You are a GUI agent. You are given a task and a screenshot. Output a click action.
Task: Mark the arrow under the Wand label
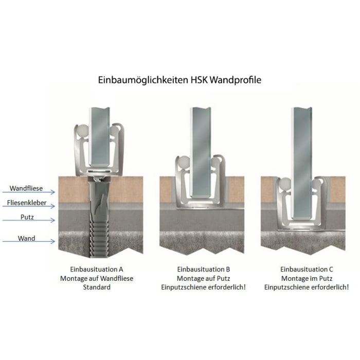click(x=31, y=242)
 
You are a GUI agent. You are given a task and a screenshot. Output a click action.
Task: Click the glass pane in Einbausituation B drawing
click(x=201, y=154)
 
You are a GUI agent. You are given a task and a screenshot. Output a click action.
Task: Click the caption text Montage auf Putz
click(x=203, y=278)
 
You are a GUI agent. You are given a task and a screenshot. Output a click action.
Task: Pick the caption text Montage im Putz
click(x=306, y=278)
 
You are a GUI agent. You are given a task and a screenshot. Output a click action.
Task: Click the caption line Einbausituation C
click(x=306, y=269)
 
